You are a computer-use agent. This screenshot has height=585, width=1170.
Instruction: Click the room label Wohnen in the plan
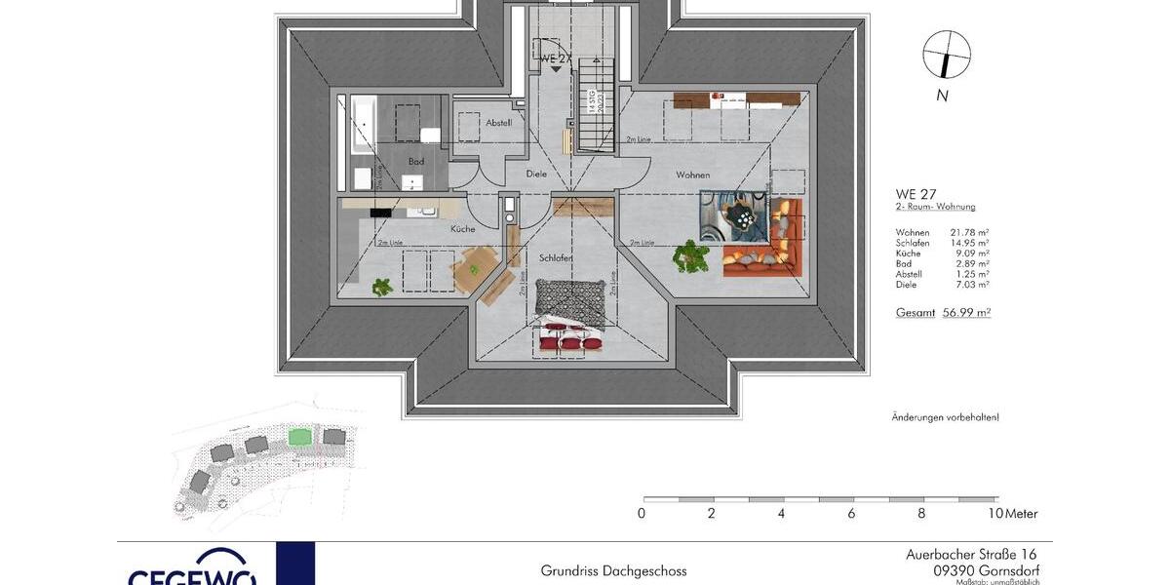693,175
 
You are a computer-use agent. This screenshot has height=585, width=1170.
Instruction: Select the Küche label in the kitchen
462,228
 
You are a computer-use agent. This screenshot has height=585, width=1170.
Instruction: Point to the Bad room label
416,161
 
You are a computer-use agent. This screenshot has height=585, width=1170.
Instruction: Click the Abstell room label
498,122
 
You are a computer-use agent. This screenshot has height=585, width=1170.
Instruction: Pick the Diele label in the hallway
536,174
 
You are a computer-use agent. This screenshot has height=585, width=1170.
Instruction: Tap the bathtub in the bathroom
362,126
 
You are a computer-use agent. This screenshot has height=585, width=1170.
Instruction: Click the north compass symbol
946,55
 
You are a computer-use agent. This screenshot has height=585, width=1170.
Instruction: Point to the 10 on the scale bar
994,514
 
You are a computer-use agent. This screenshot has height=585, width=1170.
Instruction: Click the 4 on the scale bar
781,514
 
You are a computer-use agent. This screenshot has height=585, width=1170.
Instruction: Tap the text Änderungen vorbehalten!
945,417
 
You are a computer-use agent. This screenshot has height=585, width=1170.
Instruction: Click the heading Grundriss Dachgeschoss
613,571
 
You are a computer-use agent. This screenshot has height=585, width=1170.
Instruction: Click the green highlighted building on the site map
301,437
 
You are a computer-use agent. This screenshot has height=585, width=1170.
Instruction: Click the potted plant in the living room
691,255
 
